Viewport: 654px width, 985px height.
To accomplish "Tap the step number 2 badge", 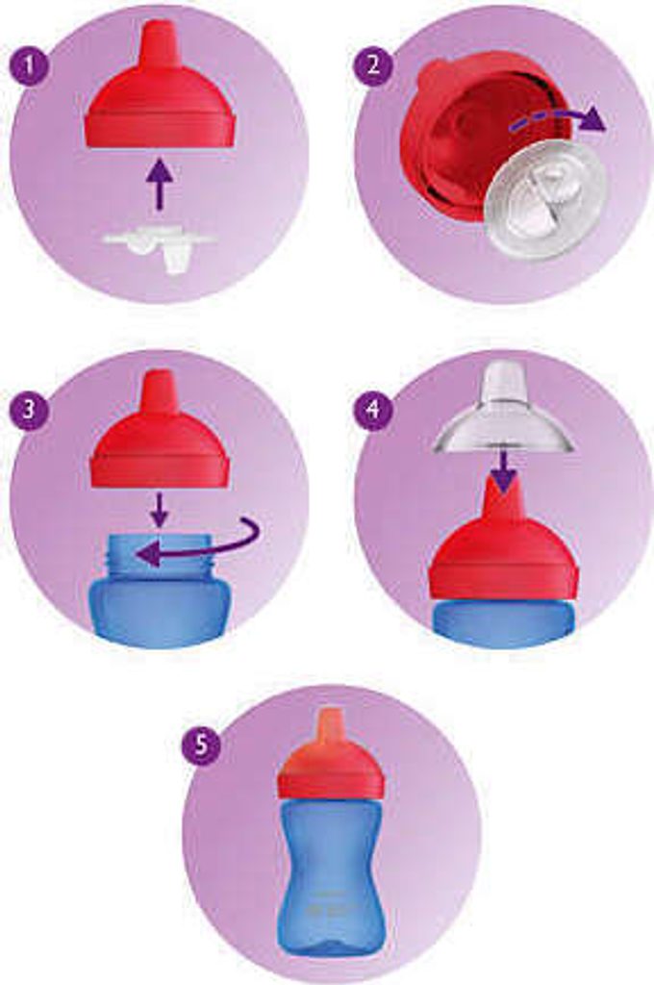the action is click(x=373, y=66).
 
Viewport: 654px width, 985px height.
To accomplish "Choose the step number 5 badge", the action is click(x=200, y=745).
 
